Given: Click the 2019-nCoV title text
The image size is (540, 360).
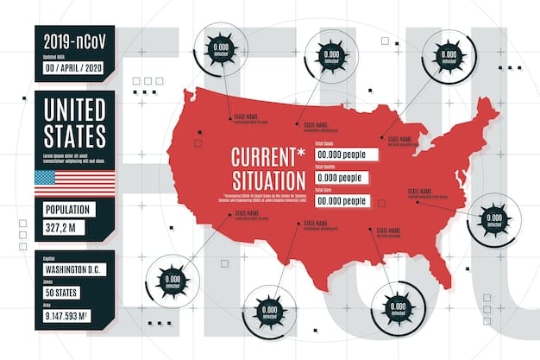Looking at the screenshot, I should [x=74, y=40].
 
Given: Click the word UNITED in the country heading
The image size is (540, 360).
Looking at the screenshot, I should [x=74, y=111].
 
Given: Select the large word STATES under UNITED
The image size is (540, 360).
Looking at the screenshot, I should [x=74, y=136].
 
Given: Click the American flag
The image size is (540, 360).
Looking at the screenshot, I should [x=74, y=183].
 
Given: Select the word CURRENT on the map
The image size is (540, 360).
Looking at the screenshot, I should [x=261, y=160].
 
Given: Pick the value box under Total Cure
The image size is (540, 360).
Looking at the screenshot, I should [x=342, y=200].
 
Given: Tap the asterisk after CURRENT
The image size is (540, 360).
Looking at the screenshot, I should [x=299, y=154].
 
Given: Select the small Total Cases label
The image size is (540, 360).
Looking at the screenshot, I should [x=325, y=142].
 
